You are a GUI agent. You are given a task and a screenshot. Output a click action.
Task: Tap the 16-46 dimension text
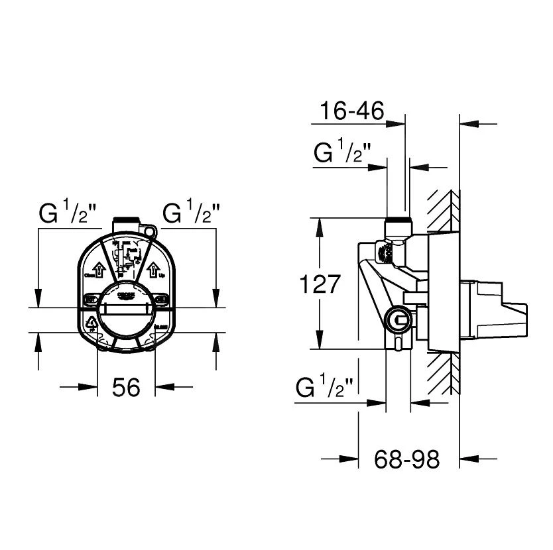coord(351,111)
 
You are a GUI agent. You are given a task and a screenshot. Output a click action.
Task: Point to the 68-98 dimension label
coord(406,459)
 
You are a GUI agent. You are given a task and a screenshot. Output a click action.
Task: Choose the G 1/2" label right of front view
coord(192,214)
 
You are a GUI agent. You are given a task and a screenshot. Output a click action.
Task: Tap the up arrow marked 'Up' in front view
coord(153,270)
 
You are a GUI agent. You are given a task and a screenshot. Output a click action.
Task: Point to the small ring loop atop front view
coord(152,233)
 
